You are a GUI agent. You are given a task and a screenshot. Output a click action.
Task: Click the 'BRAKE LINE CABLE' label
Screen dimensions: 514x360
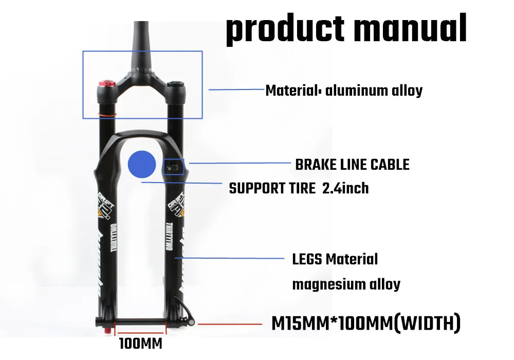(x=352, y=165)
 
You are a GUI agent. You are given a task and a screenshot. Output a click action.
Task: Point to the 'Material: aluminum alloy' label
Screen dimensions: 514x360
(x=343, y=91)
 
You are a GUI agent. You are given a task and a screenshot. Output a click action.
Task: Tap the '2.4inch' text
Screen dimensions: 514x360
(x=345, y=188)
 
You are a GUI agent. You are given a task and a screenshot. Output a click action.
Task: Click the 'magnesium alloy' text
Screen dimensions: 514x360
(x=346, y=284)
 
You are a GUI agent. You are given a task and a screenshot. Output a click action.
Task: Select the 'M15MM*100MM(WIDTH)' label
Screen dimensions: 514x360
(x=365, y=323)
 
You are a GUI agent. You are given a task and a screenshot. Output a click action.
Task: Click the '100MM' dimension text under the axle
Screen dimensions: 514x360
(x=140, y=343)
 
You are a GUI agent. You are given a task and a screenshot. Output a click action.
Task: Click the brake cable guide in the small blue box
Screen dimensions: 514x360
(x=173, y=167)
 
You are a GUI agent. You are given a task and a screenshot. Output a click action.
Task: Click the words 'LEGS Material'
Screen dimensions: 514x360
(x=335, y=259)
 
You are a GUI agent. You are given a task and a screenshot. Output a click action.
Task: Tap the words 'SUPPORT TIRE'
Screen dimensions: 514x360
(x=272, y=188)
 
